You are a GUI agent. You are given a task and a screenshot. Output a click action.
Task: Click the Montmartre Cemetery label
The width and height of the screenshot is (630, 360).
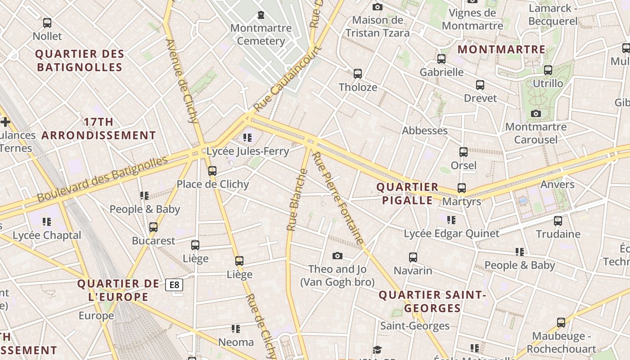coord(261,35)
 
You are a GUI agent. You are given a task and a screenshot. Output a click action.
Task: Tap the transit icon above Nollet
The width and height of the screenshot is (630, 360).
coord(47,22)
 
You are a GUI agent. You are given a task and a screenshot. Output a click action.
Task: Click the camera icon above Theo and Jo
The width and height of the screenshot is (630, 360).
coord(337,256)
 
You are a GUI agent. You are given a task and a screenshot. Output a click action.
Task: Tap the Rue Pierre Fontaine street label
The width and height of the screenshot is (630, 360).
coord(337,198)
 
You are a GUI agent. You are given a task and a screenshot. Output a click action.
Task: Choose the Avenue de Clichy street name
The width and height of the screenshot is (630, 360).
coord(182,81)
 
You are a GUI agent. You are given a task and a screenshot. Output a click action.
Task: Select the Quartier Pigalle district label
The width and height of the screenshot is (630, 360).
coord(407,193)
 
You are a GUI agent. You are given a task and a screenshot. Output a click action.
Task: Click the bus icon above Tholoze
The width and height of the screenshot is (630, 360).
coord(358,73)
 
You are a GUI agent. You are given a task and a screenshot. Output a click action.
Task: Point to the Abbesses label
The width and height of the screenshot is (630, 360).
coord(425,130)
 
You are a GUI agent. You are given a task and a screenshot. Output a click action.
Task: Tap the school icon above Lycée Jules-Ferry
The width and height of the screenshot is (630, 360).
coord(247,137)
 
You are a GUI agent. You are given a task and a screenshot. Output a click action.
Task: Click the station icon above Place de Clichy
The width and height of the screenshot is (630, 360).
coord(212,171)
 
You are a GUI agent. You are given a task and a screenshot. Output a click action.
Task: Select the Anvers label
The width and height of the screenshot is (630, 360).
coord(557,184)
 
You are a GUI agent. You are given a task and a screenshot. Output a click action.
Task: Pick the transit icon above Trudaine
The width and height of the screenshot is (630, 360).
coord(558,220)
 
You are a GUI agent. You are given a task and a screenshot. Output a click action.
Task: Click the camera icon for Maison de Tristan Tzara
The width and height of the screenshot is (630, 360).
coord(378,7)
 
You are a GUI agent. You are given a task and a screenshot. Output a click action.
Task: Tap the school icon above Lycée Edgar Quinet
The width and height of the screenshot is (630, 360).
coord(451,220)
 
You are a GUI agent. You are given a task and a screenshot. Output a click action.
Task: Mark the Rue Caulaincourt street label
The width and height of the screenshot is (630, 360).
coord(288,79)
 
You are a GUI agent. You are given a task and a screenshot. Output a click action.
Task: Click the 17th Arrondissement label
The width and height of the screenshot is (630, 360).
coord(99,129)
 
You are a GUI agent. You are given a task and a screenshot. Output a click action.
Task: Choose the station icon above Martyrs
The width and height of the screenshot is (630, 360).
coord(462,188)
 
